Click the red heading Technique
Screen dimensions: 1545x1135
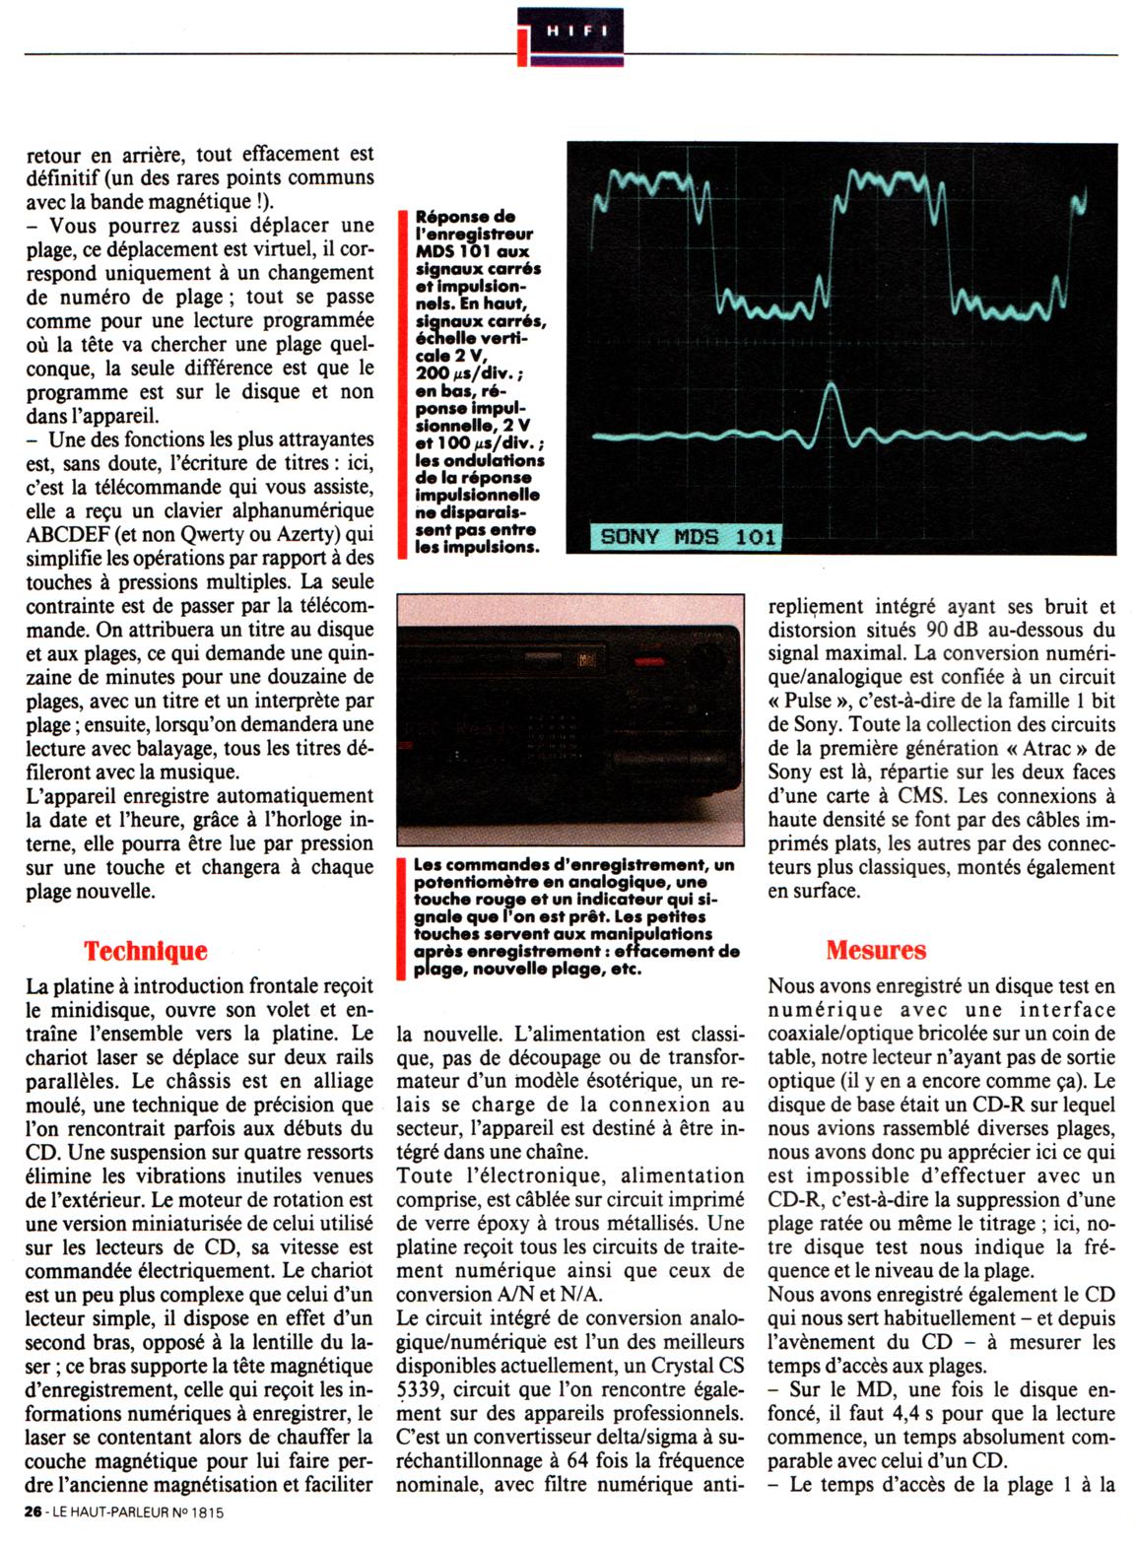(146, 951)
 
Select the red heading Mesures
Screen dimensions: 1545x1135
(876, 950)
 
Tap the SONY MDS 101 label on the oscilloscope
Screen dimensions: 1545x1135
(688, 537)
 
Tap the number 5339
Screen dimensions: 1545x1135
(424, 1389)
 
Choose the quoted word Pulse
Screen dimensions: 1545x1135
(808, 701)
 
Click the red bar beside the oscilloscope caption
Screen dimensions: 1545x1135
(404, 384)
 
